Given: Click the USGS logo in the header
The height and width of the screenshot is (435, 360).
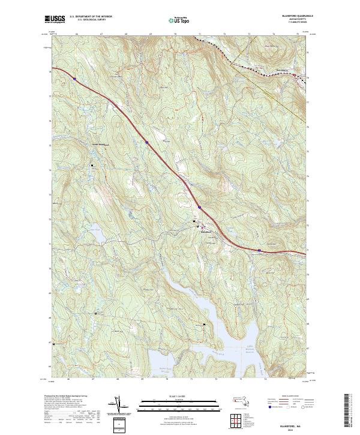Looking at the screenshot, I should point(55,19).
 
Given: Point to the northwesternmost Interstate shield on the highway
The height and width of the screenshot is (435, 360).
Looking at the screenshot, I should point(74,78).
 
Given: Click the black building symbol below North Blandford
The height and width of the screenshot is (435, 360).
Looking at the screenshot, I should point(92,165).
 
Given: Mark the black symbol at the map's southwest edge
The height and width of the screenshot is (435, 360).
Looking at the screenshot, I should point(55,344).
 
